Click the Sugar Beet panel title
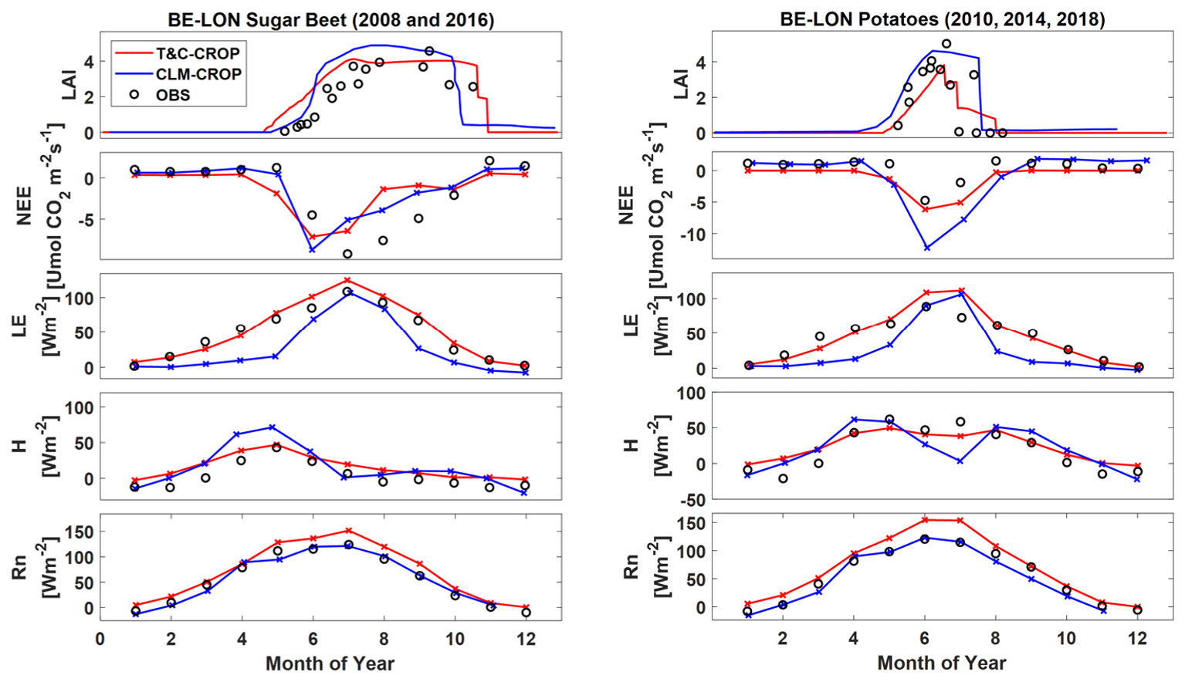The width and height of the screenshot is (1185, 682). [x=330, y=19]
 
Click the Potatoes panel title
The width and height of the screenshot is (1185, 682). [x=942, y=19]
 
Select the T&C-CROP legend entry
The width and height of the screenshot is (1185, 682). [x=198, y=53]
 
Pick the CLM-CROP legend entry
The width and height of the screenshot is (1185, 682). [x=198, y=74]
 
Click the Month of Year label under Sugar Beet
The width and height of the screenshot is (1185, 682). [x=330, y=663]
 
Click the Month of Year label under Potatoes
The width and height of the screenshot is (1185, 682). [x=942, y=663]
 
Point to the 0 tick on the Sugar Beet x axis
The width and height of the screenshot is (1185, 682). [x=100, y=639]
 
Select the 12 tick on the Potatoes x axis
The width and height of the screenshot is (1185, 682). [x=1137, y=639]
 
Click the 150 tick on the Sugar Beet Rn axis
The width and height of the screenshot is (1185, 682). [x=82, y=532]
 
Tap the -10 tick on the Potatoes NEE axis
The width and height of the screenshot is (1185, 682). [x=691, y=234]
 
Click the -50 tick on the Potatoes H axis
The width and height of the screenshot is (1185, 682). [x=691, y=500]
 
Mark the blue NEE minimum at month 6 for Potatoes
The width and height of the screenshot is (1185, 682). [x=926, y=248]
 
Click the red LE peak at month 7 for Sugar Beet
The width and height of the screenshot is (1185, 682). [x=347, y=280]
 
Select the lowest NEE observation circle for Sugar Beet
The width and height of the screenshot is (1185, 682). [x=347, y=254]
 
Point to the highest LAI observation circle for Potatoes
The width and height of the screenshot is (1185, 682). [x=946, y=44]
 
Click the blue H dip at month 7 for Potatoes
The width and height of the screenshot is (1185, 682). [x=960, y=461]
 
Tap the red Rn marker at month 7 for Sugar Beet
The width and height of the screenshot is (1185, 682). [x=348, y=530]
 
